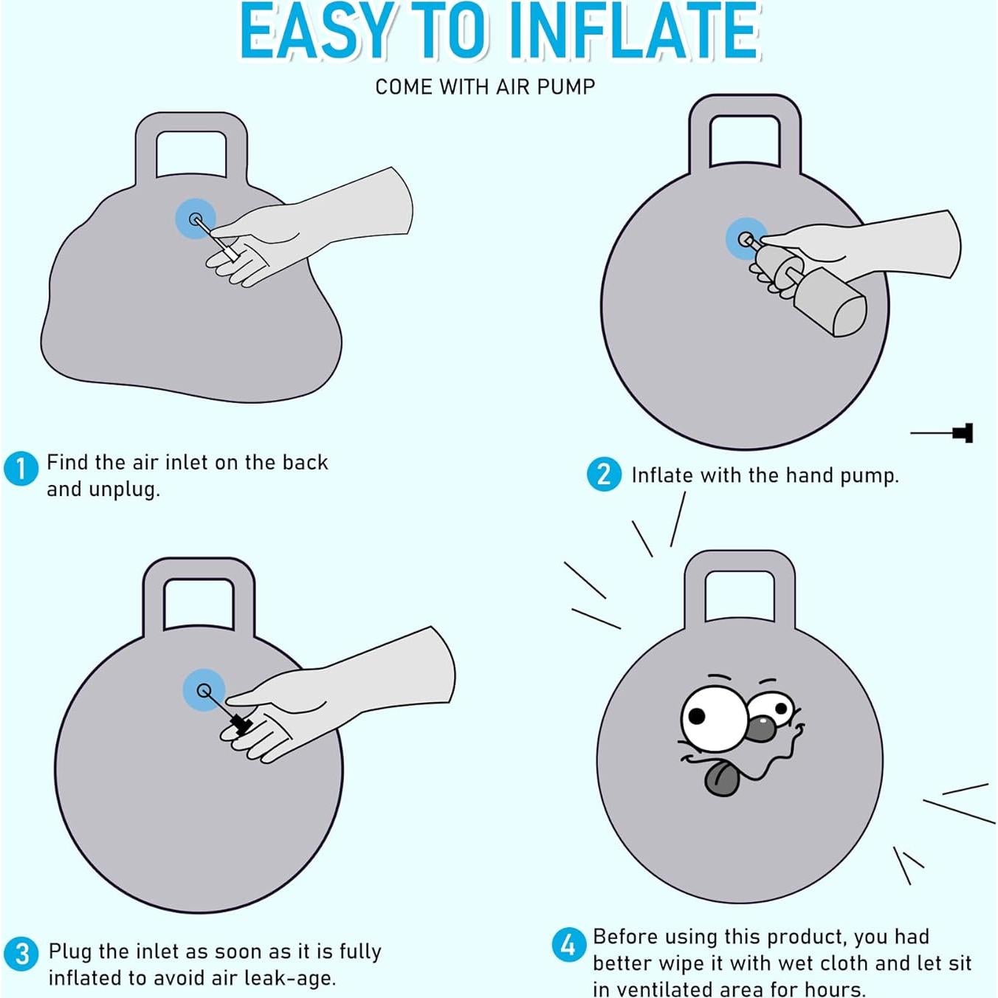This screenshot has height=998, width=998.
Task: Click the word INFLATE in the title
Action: click(635, 32)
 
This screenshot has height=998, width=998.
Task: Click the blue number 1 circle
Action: click(21, 469)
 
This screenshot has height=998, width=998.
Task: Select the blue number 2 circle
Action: click(604, 475)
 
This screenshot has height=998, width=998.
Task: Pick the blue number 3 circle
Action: click(22, 953)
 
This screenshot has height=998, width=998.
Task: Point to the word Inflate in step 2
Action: click(662, 475)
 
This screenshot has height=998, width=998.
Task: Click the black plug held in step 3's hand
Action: click(241, 723)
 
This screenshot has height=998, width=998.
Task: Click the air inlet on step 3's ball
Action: click(204, 690)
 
